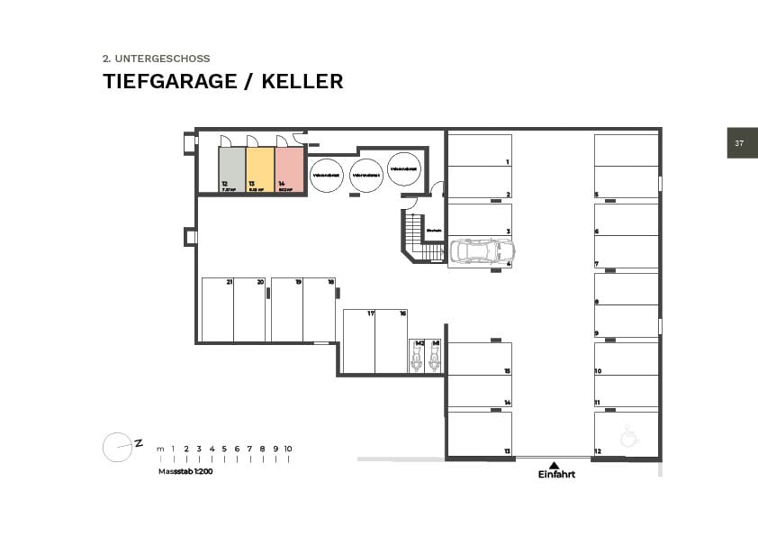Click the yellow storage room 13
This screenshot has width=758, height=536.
tap(259, 170)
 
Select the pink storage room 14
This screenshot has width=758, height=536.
tap(289, 170)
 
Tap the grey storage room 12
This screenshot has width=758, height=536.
tap(231, 170)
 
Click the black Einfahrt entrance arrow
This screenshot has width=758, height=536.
tap(555, 464)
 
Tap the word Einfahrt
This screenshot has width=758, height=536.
tap(556, 475)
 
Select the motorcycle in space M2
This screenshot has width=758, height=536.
tap(417, 358)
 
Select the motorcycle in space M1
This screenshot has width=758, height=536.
tap(434, 358)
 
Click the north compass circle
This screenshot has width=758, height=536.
tap(117, 448)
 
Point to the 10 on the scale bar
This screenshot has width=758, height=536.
tap(288, 449)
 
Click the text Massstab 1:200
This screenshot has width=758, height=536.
tap(185, 471)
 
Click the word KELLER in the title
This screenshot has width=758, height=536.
tap(302, 81)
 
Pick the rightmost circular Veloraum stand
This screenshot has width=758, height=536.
tap(404, 168)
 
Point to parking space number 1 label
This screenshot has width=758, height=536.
tap(508, 162)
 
